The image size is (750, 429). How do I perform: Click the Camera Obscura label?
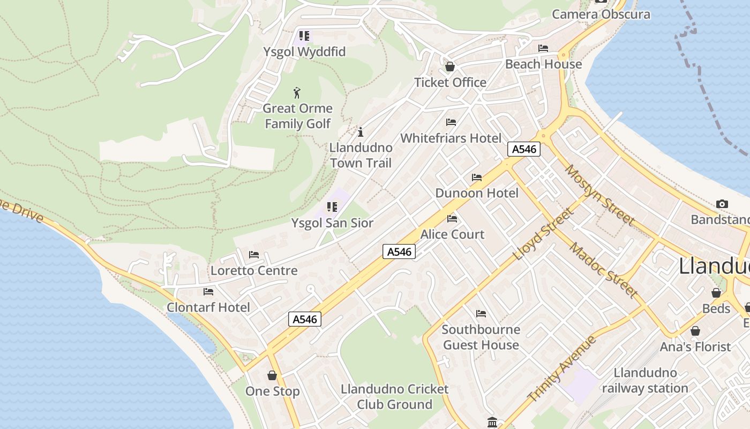click(601, 14)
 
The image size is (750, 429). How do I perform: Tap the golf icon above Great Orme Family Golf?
click(297, 93)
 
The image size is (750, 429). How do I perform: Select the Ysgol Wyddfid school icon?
click(304, 36)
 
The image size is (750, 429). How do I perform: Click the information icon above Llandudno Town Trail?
click(361, 132)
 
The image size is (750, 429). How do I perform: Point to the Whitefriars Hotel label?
click(451, 138)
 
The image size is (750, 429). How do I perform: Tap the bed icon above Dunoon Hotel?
click(477, 177)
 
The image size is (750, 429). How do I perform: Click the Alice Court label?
click(452, 234)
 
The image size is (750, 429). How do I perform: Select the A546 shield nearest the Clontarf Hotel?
click(305, 319)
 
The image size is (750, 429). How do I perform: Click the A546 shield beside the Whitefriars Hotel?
click(523, 149)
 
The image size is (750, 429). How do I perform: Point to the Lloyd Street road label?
click(543, 234)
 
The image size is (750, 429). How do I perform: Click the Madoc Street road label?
click(603, 270)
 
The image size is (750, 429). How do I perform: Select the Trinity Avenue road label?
click(562, 369)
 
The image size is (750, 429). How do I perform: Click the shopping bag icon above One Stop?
click(272, 375)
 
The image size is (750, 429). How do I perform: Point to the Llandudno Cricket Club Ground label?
click(394, 397)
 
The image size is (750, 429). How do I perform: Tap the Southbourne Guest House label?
click(481, 337)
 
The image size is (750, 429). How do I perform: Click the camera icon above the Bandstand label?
click(722, 204)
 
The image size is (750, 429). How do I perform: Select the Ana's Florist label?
click(695, 347)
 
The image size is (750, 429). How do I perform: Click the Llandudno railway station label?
click(644, 380)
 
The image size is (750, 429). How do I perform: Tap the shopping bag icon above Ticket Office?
click(450, 67)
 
